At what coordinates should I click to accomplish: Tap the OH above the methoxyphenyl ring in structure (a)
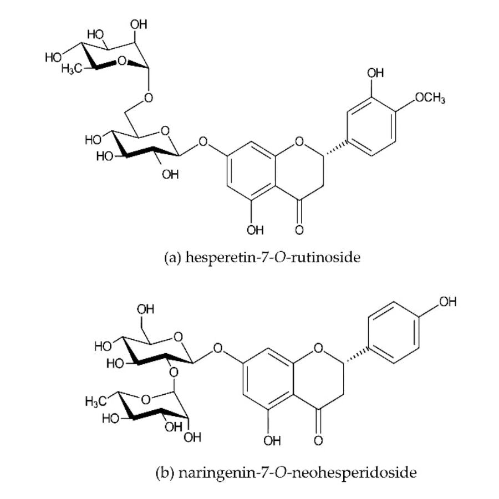tap(376, 74)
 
